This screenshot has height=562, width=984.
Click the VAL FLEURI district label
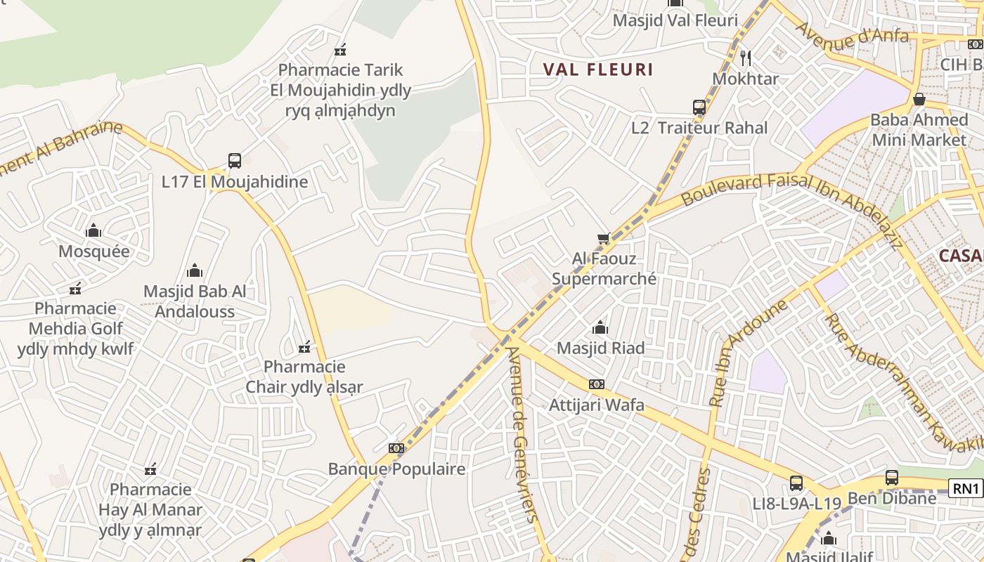[x=598, y=70]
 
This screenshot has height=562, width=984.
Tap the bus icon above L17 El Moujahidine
[x=235, y=161]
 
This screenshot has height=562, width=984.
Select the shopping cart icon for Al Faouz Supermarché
[x=603, y=239]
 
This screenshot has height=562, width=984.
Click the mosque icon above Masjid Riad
[x=600, y=327]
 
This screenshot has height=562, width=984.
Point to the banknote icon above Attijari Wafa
[x=597, y=384]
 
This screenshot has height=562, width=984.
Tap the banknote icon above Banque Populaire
[x=396, y=448]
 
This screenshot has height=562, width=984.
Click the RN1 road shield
[x=966, y=488]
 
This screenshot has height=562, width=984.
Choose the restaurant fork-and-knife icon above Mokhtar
[x=746, y=58]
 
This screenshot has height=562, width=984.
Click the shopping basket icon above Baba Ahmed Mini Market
[x=919, y=99]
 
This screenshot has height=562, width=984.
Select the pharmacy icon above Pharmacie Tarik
[x=340, y=50]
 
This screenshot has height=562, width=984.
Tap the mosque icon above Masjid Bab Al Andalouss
[x=195, y=270]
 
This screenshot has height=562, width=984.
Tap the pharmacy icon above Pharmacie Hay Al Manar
[x=150, y=469]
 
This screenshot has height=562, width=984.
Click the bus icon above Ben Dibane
[x=892, y=478]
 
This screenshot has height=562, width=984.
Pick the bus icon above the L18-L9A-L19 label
[x=796, y=483]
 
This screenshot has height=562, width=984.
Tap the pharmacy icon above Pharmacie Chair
[x=304, y=346]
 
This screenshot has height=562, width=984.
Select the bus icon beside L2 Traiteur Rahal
[x=699, y=107]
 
